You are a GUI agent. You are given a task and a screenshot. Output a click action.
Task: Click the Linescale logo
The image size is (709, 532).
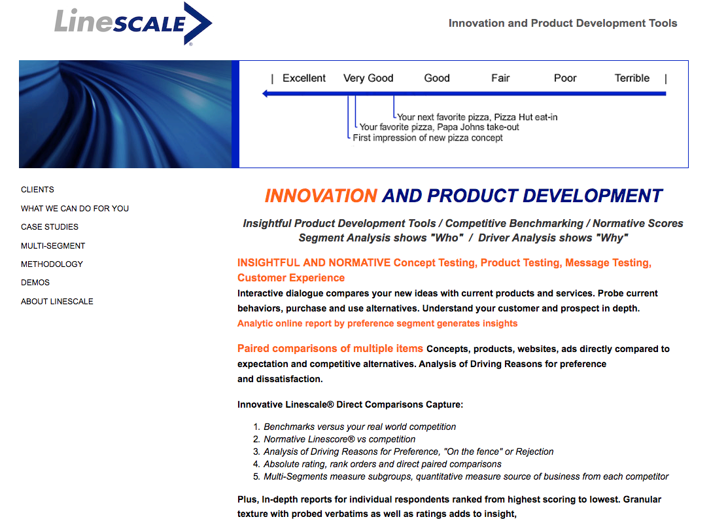133,24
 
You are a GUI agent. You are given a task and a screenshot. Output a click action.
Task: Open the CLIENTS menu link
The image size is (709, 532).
37,190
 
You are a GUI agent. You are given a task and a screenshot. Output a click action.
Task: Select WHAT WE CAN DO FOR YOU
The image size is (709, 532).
75,209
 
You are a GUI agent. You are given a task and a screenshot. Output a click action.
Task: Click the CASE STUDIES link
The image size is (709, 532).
49,226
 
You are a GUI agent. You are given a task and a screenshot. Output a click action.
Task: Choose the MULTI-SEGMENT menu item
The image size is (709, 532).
53,245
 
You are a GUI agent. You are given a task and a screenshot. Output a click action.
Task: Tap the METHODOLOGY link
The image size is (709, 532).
52,264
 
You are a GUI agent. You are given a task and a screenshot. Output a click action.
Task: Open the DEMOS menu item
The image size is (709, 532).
35,282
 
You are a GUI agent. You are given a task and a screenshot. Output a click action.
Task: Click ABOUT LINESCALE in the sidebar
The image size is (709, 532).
57,301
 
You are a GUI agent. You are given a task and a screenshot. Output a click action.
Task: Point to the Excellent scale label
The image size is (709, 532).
304,79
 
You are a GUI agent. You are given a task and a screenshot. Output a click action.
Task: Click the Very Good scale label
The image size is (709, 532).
368,79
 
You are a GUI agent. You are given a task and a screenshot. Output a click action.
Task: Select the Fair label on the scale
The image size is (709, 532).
500,79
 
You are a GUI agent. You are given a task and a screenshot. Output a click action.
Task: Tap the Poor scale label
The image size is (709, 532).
565,79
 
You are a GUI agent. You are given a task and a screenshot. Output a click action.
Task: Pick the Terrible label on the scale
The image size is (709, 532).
632,79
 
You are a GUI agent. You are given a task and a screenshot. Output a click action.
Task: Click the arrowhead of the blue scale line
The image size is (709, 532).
264,94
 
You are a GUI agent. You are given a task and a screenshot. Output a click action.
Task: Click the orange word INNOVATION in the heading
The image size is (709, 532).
320,196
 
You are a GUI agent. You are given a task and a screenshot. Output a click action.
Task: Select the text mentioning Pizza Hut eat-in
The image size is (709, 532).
477,117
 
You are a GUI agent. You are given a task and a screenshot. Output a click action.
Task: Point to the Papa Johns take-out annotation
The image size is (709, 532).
439,127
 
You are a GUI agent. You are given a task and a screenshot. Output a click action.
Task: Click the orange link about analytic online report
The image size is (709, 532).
377,323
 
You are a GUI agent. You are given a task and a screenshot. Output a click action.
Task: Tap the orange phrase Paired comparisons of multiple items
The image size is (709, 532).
330,348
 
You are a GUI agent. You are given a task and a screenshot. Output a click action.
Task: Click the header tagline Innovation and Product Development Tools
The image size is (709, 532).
562,23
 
